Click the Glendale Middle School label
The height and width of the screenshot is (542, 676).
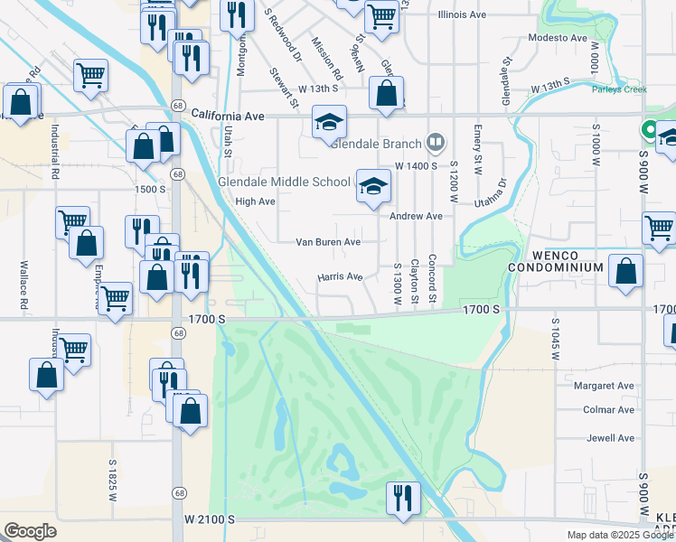pos(284,182)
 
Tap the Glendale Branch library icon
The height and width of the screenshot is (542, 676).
pos(436,143)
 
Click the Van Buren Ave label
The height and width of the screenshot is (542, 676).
pos(329,242)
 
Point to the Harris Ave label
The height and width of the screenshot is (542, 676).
pos(340,277)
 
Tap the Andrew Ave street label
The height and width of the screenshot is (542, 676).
pos(416,217)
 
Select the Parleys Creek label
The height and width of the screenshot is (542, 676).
pos(620,89)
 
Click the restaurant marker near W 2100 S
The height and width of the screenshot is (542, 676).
pos(401,498)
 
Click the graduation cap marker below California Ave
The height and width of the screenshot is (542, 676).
pos(329,120)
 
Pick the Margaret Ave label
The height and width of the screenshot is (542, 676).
pos(605,386)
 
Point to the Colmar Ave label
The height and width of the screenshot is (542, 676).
pos(609,409)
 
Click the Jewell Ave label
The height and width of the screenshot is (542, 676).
pos(611,438)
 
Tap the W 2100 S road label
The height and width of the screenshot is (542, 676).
pos(210,519)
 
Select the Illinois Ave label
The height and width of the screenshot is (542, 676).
pos(463,15)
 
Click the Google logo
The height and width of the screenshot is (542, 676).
pos(30,531)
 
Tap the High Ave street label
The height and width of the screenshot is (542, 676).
pos(255,201)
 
